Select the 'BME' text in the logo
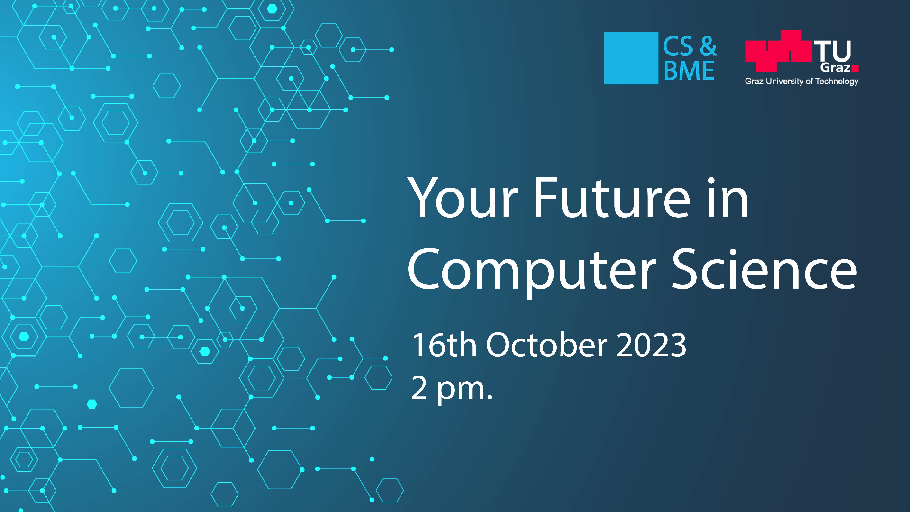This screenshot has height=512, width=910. [x=689, y=71]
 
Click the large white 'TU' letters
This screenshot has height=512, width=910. [x=833, y=51]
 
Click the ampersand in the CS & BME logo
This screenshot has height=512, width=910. [x=708, y=46]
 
